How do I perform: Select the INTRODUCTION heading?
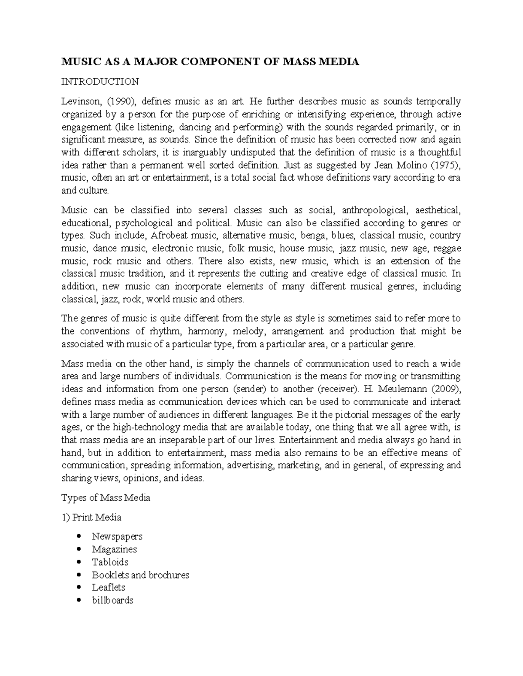click(x=100, y=82)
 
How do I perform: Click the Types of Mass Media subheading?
click(x=106, y=498)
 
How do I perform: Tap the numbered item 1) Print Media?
click(x=92, y=518)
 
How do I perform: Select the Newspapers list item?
click(x=117, y=537)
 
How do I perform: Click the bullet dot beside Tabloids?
click(x=78, y=562)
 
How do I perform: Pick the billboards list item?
click(x=112, y=600)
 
